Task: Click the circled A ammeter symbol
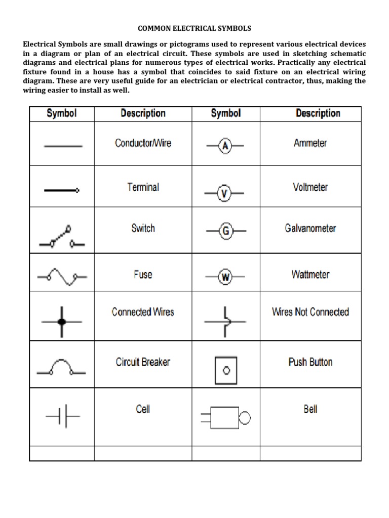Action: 225,147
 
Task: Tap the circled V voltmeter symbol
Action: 224,193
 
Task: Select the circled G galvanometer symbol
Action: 226,232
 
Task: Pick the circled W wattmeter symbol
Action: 225,277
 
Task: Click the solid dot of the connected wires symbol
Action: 62,322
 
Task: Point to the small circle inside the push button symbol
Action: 226,370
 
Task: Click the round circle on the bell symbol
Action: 245,418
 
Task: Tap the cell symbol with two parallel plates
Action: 63,418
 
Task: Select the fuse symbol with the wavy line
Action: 62,277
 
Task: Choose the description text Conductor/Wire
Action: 143,143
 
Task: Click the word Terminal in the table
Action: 143,187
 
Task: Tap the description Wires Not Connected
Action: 310,312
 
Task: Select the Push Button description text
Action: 310,362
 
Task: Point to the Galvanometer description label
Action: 310,228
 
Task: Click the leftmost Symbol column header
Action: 62,113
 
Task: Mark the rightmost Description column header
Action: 318,113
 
